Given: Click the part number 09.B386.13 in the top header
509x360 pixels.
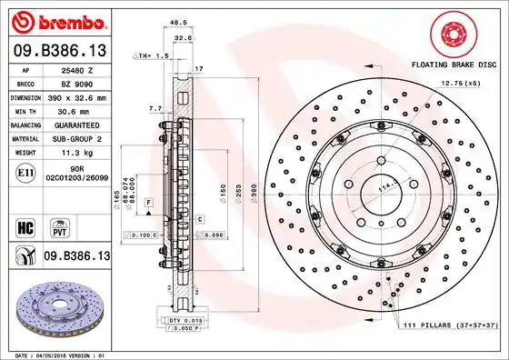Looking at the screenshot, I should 59,49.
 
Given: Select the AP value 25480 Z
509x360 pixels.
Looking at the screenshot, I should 72,69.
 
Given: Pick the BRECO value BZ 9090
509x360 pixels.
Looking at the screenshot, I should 72,82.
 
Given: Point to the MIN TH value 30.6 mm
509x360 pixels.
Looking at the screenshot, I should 72,110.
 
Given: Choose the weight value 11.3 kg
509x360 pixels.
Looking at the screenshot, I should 72,153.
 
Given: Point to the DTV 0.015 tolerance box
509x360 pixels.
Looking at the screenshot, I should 185,322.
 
